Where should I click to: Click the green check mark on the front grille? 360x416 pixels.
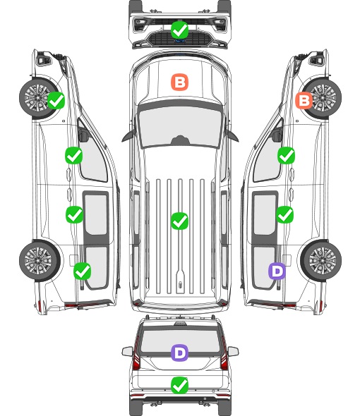click(180, 30)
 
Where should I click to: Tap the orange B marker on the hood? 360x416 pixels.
click(180, 82)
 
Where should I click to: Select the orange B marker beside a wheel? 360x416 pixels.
click(304, 101)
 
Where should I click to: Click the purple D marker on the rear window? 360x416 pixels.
click(180, 353)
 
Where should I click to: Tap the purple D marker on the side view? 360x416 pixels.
click(277, 271)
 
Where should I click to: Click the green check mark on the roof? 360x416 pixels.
click(180, 221)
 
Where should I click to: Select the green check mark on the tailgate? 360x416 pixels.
click(180, 385)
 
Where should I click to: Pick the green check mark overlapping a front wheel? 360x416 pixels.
click(56, 100)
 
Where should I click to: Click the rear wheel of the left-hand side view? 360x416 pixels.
click(40, 261)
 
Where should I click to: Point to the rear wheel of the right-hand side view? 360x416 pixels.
click(321, 261)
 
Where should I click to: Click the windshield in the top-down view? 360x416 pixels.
click(180, 127)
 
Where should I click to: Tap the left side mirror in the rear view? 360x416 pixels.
click(128, 351)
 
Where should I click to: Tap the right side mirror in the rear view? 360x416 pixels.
click(233, 351)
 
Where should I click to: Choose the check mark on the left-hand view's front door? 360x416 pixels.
click(74, 155)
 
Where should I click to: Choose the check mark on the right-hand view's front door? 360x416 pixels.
click(286, 155)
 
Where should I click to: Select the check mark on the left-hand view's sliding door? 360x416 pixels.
click(74, 214)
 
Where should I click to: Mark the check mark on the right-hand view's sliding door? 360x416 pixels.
click(285, 214)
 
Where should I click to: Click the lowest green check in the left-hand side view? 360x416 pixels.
click(83, 271)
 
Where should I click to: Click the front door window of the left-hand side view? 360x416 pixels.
click(92, 157)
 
